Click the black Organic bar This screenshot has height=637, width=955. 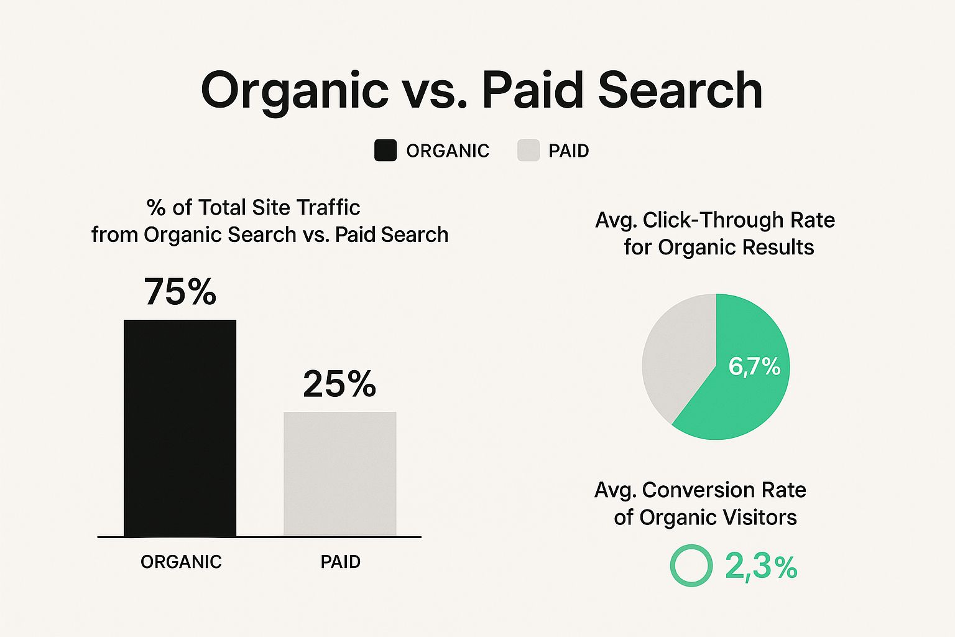point(180,428)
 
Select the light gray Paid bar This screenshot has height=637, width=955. point(340,473)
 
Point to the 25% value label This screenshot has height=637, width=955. point(339,384)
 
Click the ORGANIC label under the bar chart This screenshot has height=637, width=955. point(181,562)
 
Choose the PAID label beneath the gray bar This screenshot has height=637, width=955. point(340,562)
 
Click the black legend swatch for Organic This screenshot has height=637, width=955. point(385,150)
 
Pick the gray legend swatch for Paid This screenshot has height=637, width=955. point(528,150)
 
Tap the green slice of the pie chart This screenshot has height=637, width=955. point(742,384)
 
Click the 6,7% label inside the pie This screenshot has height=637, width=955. point(754,366)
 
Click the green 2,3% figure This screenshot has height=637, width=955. point(761,567)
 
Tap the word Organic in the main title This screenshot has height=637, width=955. point(295,90)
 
